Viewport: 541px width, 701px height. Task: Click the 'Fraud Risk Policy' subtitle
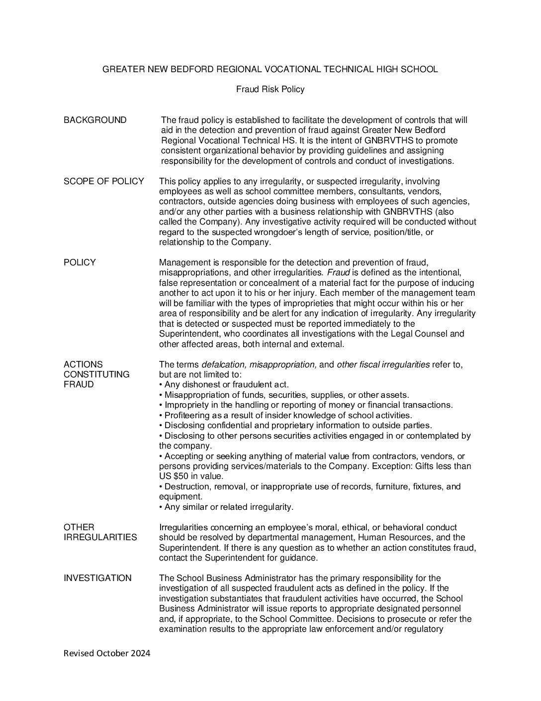point(270,90)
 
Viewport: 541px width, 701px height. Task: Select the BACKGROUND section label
point(95,120)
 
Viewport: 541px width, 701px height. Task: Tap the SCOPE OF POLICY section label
point(103,181)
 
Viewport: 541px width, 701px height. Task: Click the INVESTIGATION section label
point(97,578)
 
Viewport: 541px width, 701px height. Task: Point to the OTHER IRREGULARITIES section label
point(100,532)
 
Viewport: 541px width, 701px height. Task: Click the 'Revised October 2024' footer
point(107,653)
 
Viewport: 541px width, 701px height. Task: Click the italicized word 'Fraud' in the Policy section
point(339,272)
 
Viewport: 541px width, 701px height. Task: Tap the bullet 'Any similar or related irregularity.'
point(226,507)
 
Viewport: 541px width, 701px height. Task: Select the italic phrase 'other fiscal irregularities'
point(383,364)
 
